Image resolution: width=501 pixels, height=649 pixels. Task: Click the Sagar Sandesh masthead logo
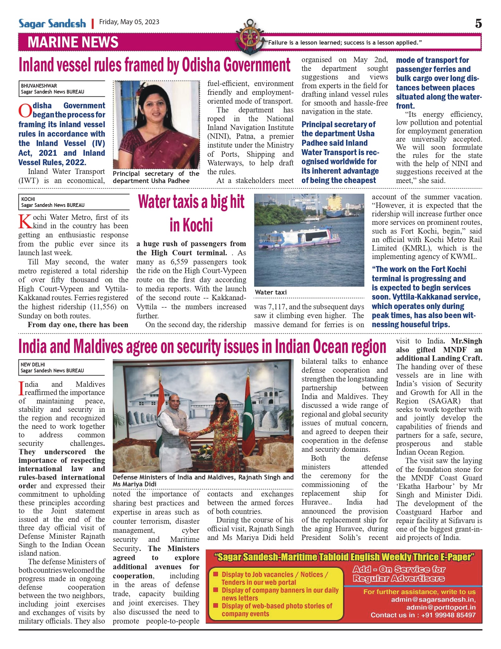[x=52, y=24]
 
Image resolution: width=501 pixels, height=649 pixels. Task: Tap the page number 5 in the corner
[x=478, y=24]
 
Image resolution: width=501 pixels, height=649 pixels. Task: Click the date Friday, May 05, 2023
[x=129, y=22]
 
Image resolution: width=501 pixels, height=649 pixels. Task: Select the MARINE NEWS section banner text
[x=73, y=42]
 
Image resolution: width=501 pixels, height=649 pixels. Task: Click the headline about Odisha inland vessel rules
[x=155, y=65]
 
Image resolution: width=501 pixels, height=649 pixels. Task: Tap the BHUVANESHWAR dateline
[x=39, y=85]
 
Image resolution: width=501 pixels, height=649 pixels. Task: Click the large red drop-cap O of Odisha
[x=25, y=111]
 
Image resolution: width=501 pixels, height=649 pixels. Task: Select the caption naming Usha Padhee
[x=156, y=177]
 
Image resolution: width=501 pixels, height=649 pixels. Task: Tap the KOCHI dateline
[x=28, y=199]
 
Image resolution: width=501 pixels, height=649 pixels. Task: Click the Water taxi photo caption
[x=271, y=292]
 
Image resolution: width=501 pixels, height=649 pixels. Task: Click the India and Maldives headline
[x=202, y=347]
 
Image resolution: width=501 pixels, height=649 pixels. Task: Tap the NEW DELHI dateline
[x=33, y=365]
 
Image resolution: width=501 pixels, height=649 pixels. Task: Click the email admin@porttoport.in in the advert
[x=441, y=607]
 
